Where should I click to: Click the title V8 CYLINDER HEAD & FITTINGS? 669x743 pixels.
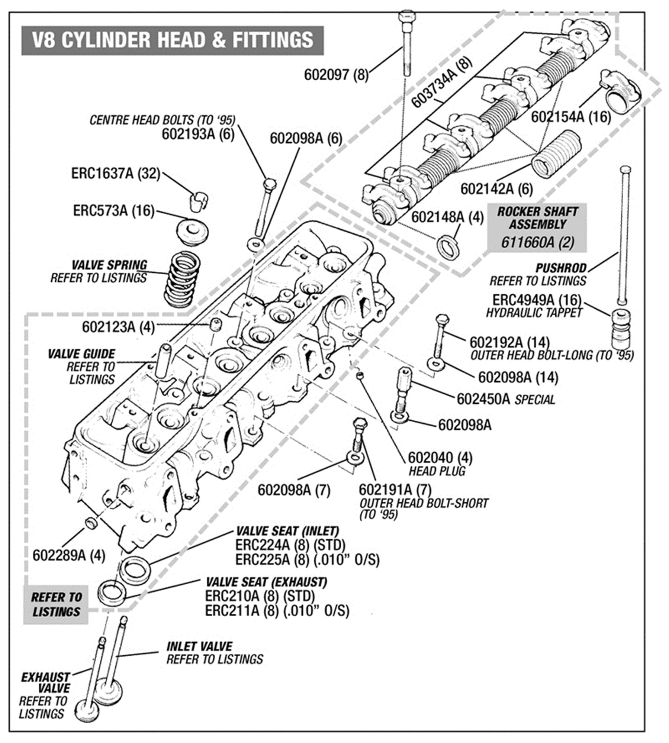[172, 40]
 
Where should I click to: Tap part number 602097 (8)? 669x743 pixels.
[336, 75]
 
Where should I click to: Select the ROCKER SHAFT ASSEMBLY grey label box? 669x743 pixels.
[537, 227]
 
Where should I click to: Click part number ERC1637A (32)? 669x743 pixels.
[116, 174]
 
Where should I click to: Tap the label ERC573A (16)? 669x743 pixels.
[113, 211]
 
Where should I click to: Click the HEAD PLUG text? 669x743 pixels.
[437, 471]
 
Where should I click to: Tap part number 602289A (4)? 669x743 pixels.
[69, 556]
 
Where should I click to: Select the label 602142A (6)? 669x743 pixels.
[496, 189]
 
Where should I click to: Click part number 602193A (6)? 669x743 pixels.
[198, 134]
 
